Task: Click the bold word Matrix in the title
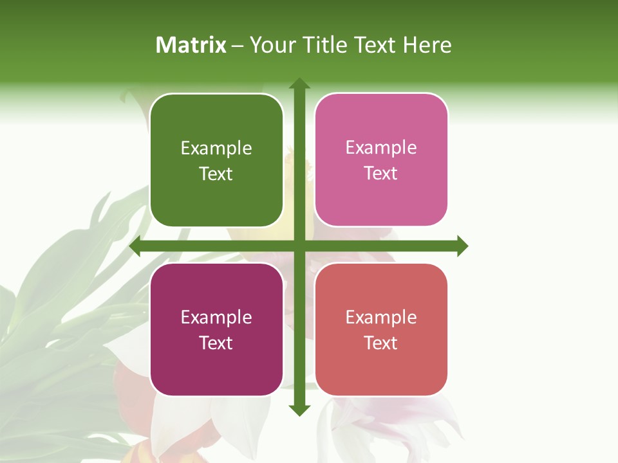coord(191,45)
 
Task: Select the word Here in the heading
coord(427,45)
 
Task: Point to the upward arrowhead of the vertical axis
coord(299,83)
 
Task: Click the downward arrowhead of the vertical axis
coord(299,410)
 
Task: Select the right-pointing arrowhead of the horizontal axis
coord(462,246)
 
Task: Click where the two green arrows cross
coord(299,246)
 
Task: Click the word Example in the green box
coord(216,149)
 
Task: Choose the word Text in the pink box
coord(381,174)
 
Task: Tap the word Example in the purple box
coord(216,318)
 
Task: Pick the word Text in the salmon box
coord(381,343)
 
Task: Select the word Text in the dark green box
coord(216,174)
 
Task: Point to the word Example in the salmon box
coord(381,318)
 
